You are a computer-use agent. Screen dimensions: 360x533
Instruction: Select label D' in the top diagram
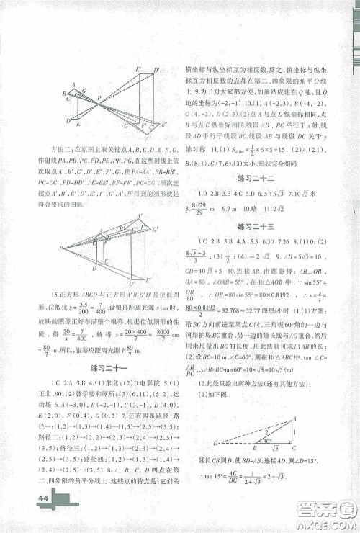[x=157, y=70]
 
